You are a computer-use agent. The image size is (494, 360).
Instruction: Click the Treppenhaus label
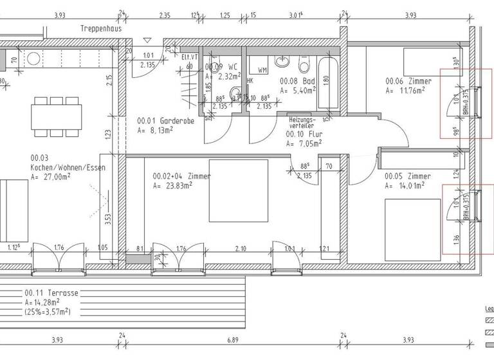(102, 29)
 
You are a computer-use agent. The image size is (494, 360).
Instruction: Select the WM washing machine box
(262, 69)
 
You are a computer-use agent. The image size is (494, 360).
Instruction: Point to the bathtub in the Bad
(327, 87)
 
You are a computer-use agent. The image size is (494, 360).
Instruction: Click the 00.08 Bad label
(296, 82)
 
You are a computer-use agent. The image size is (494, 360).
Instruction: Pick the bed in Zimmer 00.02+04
(239, 190)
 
